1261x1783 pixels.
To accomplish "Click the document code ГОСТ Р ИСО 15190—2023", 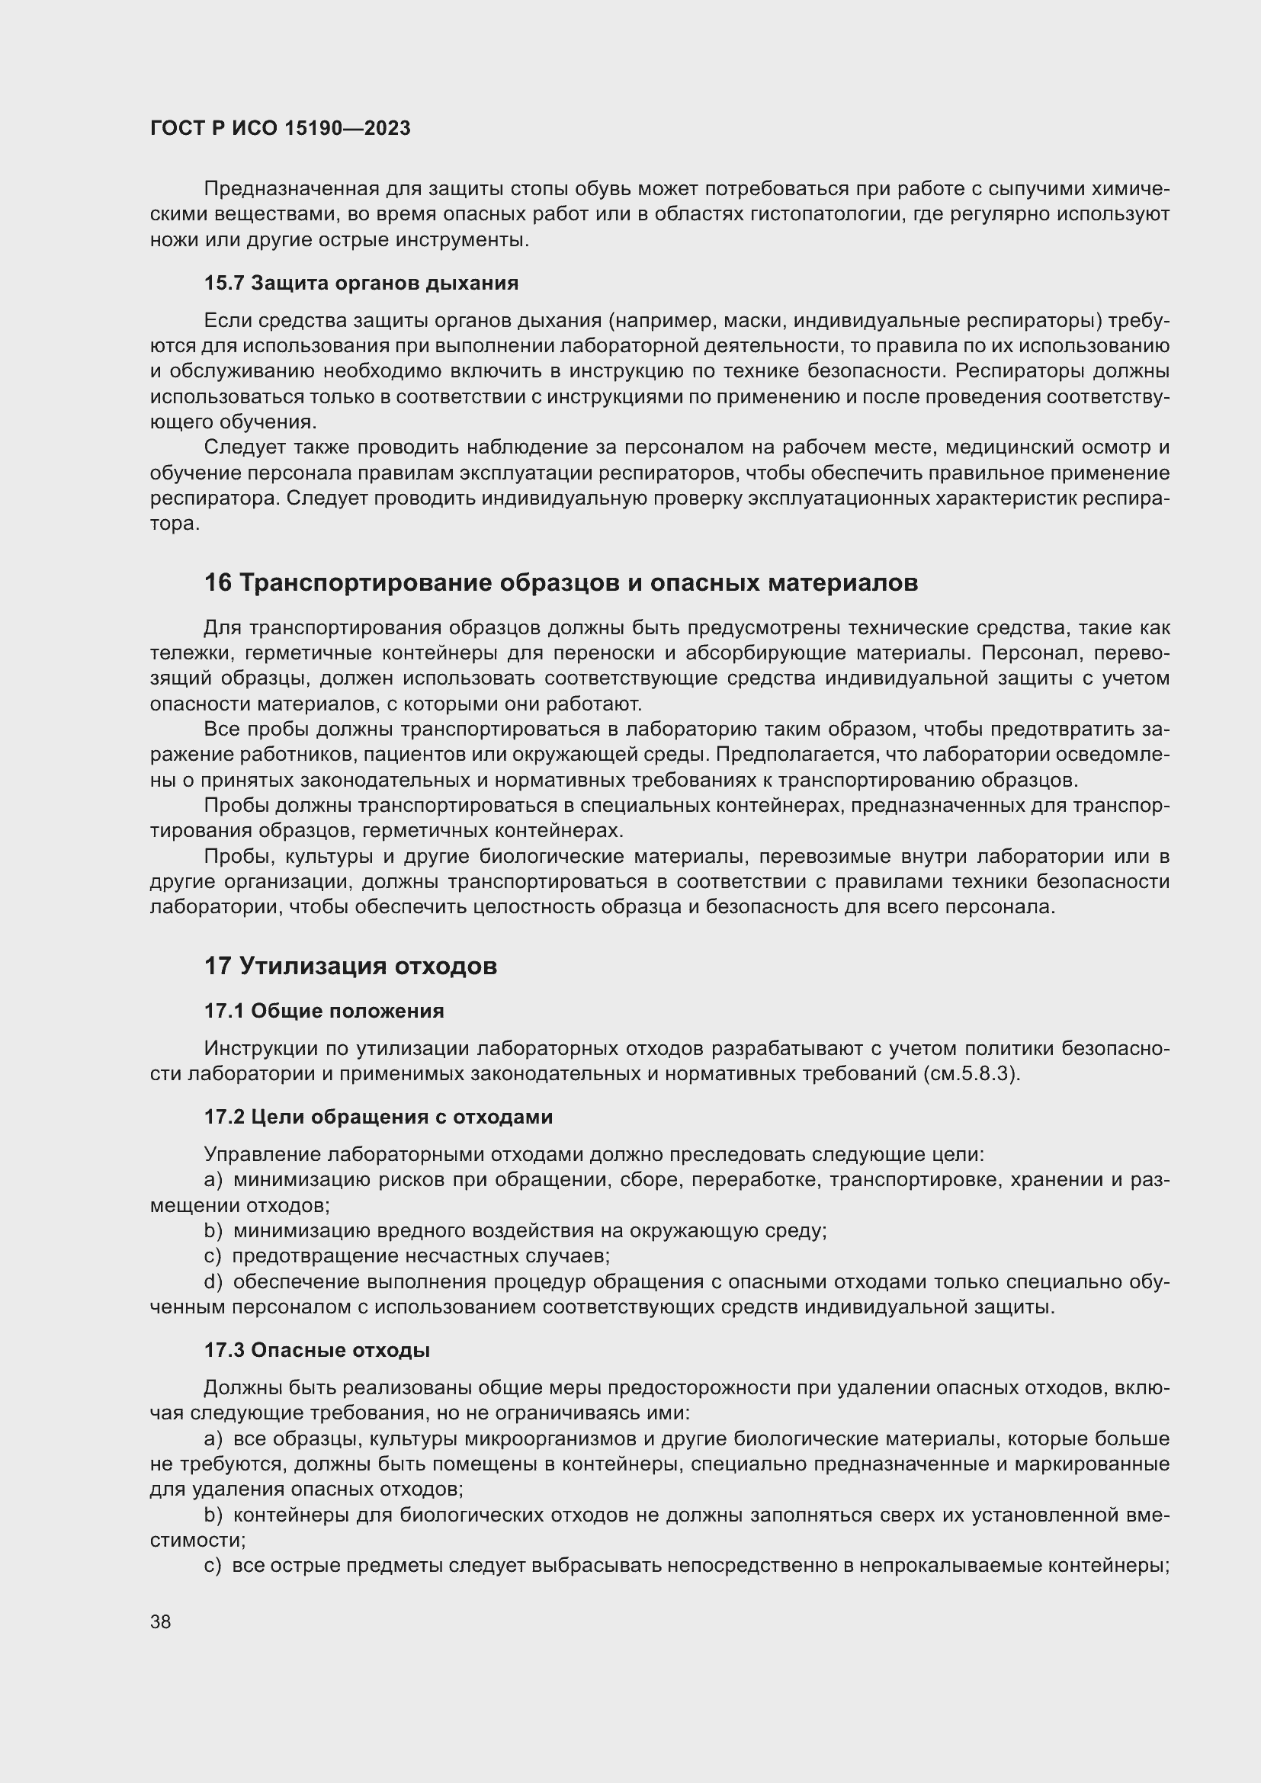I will pos(280,129).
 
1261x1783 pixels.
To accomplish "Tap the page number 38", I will pos(161,1621).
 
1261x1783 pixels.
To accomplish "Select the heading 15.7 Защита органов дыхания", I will pos(361,283).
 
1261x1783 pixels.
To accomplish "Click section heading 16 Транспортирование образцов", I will pos(560,582).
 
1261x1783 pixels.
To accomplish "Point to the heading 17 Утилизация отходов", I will pos(350,966).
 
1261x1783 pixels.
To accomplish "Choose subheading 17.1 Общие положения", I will pos(324,1011).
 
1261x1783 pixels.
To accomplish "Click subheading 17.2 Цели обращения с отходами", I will pos(378,1117).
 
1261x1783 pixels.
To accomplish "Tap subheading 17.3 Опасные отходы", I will pos(317,1350).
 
